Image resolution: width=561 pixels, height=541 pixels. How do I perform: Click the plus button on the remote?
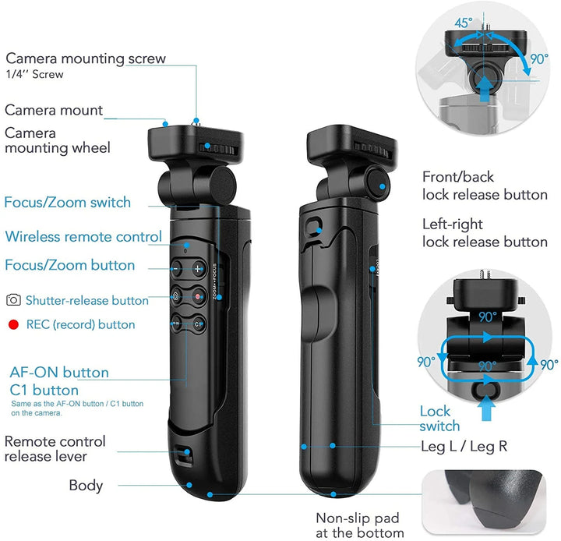coord(198,268)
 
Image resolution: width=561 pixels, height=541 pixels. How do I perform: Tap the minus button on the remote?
coord(176,268)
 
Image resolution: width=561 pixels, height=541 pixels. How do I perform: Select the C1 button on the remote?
coord(198,324)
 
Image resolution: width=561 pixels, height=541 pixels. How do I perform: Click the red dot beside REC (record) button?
coord(13,325)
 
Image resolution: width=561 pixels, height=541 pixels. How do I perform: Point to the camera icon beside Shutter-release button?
coord(13,299)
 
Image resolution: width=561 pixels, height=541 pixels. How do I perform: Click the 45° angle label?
coord(464,23)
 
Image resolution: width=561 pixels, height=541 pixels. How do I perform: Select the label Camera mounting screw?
coord(86,58)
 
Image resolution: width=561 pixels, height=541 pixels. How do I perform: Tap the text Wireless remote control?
coord(83,237)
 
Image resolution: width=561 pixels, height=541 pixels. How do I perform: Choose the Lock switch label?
coord(439,419)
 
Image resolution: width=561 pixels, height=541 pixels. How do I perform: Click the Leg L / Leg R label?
coord(464,447)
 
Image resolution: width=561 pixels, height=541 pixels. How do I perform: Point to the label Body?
coord(86,486)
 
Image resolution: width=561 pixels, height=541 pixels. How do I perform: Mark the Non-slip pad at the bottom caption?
coord(359,525)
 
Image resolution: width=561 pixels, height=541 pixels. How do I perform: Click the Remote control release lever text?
coord(55,449)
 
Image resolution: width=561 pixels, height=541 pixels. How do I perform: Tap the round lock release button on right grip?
coord(379,186)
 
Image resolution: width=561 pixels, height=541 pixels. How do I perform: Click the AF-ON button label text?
coord(59,373)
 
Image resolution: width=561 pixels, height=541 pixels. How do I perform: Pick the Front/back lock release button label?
coord(485,186)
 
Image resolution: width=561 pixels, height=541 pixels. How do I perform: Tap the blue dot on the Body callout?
coord(189,485)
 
